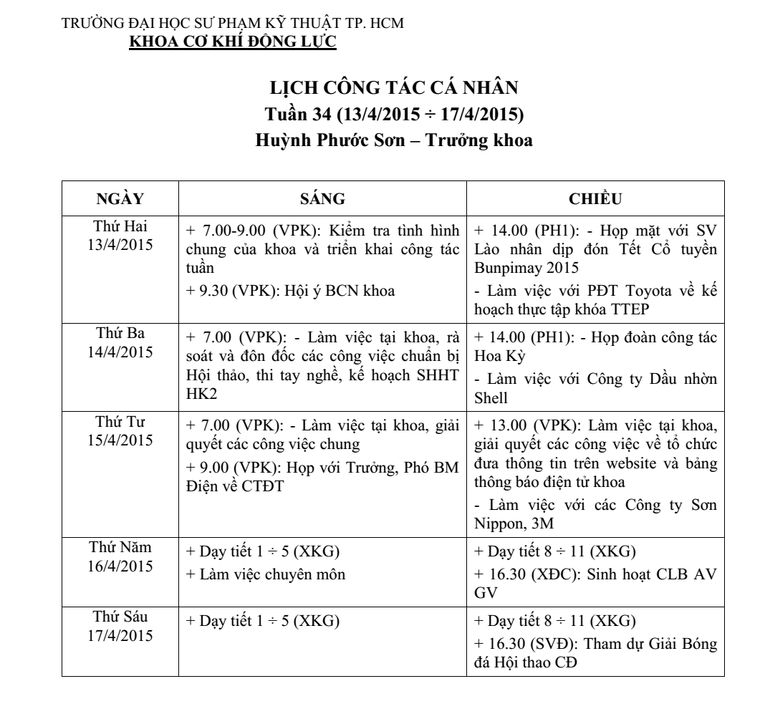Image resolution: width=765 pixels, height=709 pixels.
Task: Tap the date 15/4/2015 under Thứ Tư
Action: [x=120, y=439]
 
